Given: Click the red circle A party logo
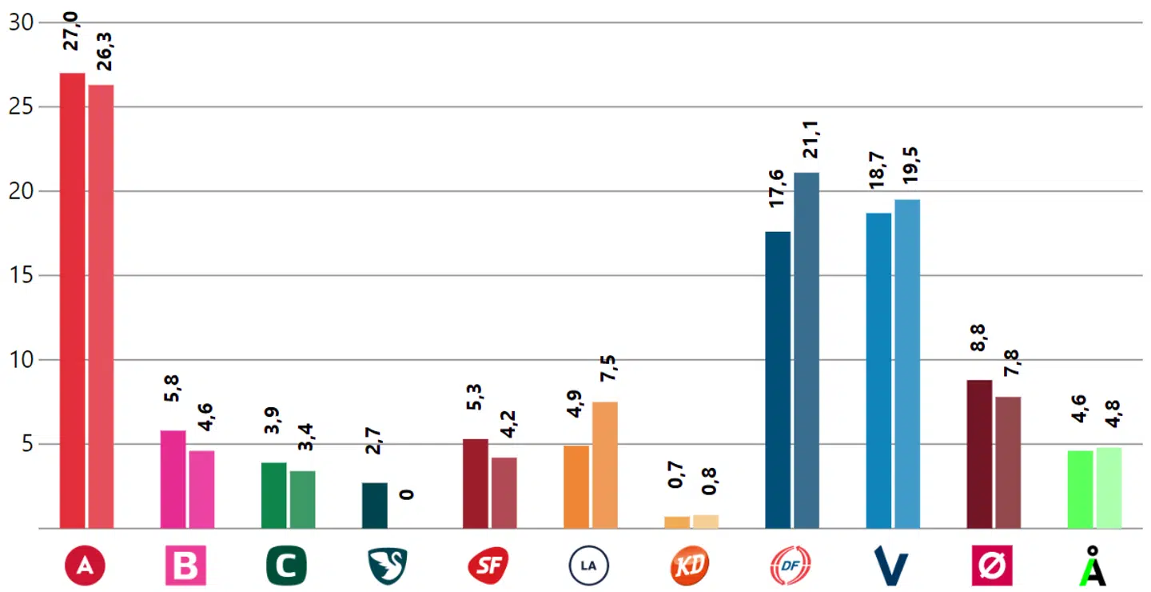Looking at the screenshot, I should tap(86, 566).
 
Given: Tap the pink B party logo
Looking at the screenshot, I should tap(185, 566).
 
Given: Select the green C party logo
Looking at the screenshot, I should tap(286, 566).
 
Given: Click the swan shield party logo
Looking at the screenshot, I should tap(388, 566).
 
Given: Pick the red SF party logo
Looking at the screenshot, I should tap(488, 566).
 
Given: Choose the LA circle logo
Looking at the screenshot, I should tap(588, 566).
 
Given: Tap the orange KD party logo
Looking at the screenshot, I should tap(690, 566).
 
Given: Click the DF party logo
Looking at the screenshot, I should tap(791, 566).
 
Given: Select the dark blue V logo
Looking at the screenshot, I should tap(891, 566).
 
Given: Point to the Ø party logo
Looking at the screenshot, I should tap(992, 566).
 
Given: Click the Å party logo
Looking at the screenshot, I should tap(1093, 566).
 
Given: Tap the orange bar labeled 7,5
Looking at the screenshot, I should tap(604, 464).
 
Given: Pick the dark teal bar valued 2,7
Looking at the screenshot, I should tap(374, 505).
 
